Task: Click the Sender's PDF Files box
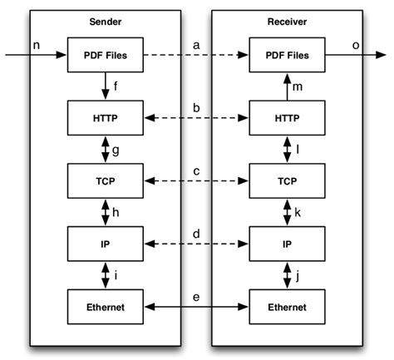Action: [x=106, y=56]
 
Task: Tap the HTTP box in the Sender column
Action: [x=106, y=118]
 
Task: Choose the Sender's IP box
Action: [x=106, y=243]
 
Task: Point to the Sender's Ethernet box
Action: [x=106, y=306]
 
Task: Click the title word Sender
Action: [x=105, y=20]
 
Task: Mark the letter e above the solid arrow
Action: [x=196, y=296]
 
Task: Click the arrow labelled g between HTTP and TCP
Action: [x=106, y=149]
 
